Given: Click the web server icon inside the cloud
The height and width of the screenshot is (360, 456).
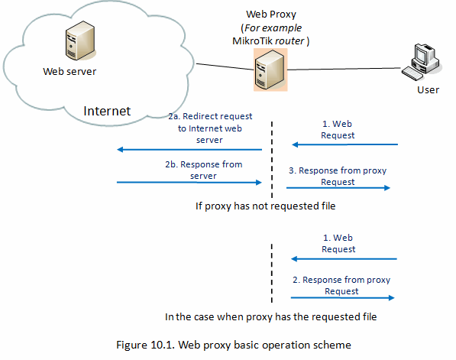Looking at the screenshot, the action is pos(80,41).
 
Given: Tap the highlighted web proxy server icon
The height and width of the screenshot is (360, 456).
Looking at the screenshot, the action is pos(270,70).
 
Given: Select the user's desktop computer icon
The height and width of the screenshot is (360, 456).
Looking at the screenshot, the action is pos(422,62).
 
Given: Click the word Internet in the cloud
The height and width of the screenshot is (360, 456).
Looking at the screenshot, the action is pos(107,111).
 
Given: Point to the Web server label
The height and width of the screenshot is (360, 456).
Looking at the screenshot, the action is pos(70,71).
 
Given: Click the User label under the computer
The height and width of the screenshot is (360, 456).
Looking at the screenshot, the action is pos(428,90).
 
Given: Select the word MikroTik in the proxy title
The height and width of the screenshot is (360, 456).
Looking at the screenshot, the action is pos(252,41).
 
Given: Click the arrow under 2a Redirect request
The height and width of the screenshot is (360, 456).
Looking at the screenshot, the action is pos(189,150).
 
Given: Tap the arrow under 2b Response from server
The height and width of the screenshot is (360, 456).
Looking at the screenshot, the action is pos(189,183).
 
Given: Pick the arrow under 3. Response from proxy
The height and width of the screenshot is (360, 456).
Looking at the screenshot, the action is pos(338,188).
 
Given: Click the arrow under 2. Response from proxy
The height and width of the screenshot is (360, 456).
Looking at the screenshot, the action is pos(343,298).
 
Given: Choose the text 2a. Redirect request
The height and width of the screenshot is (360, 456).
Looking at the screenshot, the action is pos(210,116).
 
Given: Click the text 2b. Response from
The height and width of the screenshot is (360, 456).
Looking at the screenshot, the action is pos(204,164).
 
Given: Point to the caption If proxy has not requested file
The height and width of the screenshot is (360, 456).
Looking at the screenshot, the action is pos(265,206).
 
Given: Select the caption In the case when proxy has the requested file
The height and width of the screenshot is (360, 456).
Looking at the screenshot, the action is pos(270,316).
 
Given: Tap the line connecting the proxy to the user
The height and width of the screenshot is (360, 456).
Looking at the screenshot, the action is pos(344,69).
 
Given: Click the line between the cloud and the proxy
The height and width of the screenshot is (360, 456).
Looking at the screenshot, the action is pos(225,66).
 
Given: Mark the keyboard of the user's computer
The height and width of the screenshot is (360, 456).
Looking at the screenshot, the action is pos(412,73).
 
